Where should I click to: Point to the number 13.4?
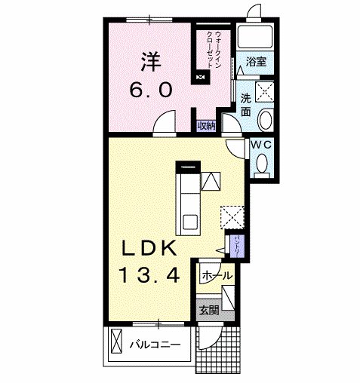click(148, 276)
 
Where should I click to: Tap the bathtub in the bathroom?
click(255, 38)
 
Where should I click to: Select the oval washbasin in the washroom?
click(266, 120)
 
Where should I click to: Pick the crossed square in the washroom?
click(266, 92)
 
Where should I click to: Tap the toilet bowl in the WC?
click(262, 162)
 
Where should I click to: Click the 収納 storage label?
click(206, 126)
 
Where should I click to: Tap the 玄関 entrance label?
click(209, 309)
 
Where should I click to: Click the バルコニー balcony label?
click(154, 345)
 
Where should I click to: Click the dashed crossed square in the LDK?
click(232, 216)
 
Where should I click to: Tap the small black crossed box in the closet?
click(200, 76)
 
